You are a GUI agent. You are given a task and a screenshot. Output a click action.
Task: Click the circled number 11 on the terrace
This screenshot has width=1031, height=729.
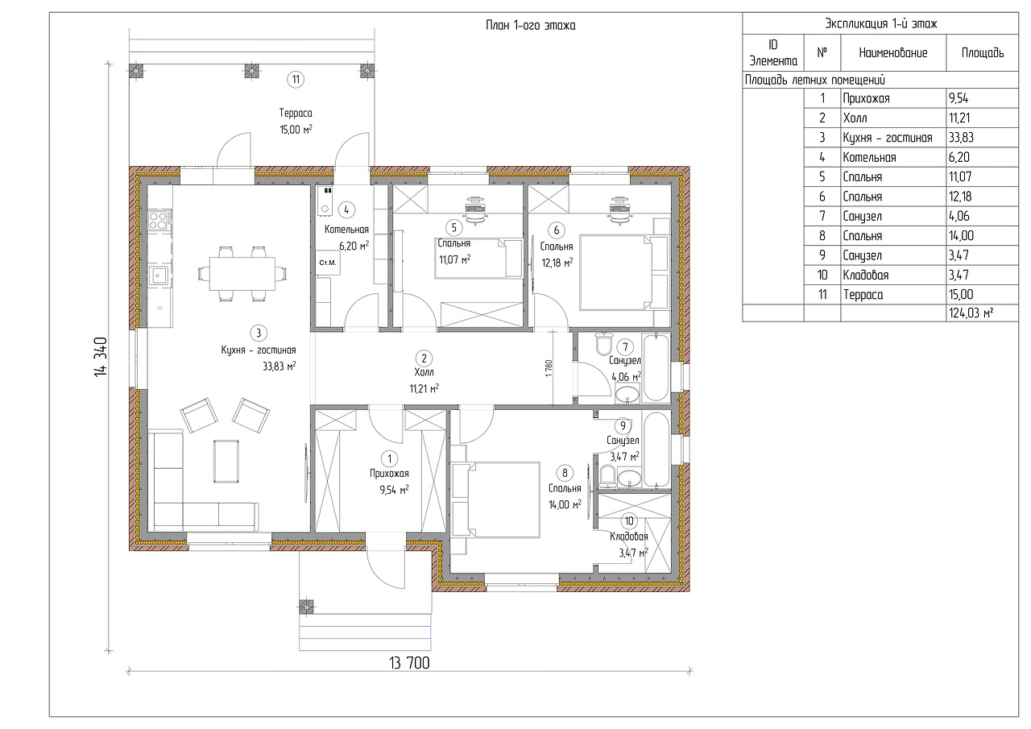(296, 80)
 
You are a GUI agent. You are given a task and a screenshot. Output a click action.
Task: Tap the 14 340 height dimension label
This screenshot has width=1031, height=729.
(101, 357)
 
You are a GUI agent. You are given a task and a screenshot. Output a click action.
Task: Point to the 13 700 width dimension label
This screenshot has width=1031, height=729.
(409, 663)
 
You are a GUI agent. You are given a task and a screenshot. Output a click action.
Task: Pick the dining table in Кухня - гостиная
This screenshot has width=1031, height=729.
(242, 274)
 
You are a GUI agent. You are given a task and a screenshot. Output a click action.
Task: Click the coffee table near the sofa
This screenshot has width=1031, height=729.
(226, 461)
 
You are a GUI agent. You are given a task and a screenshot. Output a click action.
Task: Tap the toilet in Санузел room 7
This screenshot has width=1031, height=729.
(603, 343)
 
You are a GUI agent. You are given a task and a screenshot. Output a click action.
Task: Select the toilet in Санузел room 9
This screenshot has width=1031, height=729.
(607, 476)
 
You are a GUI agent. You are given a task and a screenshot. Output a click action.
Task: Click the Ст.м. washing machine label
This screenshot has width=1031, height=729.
(328, 263)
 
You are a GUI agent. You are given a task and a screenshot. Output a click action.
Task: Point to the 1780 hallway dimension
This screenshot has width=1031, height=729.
(549, 368)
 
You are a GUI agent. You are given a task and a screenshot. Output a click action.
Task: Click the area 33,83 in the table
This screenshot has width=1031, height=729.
(961, 138)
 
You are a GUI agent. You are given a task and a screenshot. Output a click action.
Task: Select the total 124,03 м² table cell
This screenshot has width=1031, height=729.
(971, 313)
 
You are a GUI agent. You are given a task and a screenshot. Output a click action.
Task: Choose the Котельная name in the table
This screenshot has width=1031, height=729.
(869, 157)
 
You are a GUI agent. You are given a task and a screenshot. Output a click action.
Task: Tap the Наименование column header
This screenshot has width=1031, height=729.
(893, 53)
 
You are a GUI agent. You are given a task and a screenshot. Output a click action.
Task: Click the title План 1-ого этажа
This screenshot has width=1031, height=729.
(530, 25)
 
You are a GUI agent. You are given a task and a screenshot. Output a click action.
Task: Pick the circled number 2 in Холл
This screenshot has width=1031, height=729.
(424, 358)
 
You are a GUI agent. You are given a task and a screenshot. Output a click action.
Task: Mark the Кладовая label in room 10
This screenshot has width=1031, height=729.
(629, 536)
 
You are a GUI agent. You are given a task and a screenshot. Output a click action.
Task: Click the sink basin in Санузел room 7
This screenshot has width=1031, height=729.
(627, 395)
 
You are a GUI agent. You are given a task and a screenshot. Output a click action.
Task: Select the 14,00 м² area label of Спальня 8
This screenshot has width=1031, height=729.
(565, 505)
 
